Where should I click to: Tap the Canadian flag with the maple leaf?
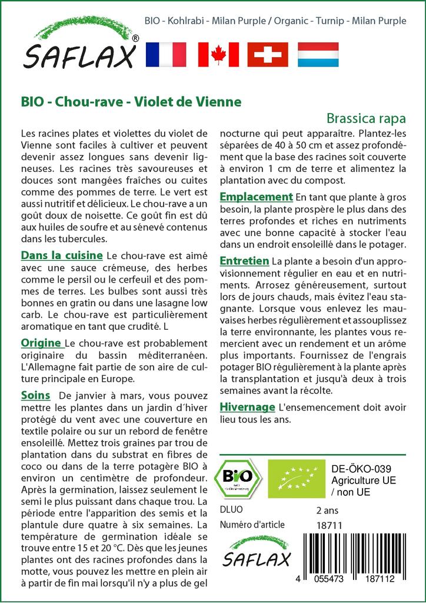[x=218, y=55]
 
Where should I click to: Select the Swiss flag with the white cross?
[x=268, y=55]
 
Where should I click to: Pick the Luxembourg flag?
[x=318, y=55]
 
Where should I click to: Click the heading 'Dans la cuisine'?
[x=62, y=256]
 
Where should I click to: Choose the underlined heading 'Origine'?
[x=42, y=343]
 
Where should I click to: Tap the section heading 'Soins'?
[x=35, y=395]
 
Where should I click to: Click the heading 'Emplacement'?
[x=256, y=197]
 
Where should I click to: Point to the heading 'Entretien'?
[x=244, y=260]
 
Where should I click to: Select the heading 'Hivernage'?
[x=247, y=407]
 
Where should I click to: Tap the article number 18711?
[x=330, y=525]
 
